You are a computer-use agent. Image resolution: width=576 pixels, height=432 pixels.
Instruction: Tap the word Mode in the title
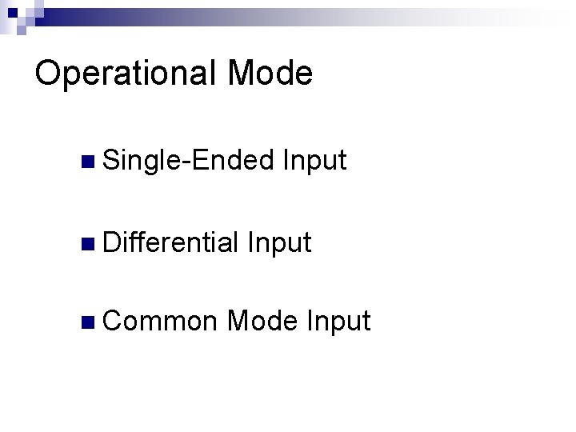click(270, 73)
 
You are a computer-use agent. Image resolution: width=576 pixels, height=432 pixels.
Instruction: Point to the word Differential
click(170, 241)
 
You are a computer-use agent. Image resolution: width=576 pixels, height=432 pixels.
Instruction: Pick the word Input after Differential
click(279, 241)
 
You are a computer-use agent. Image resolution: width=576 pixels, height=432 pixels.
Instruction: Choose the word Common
click(160, 321)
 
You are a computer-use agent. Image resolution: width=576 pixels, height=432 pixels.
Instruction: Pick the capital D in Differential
click(110, 240)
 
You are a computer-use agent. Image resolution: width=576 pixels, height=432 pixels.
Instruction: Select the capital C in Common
click(111, 321)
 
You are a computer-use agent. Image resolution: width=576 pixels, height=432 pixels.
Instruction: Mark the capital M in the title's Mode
click(242, 73)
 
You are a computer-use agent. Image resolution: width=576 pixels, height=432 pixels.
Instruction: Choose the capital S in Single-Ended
click(110, 161)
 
